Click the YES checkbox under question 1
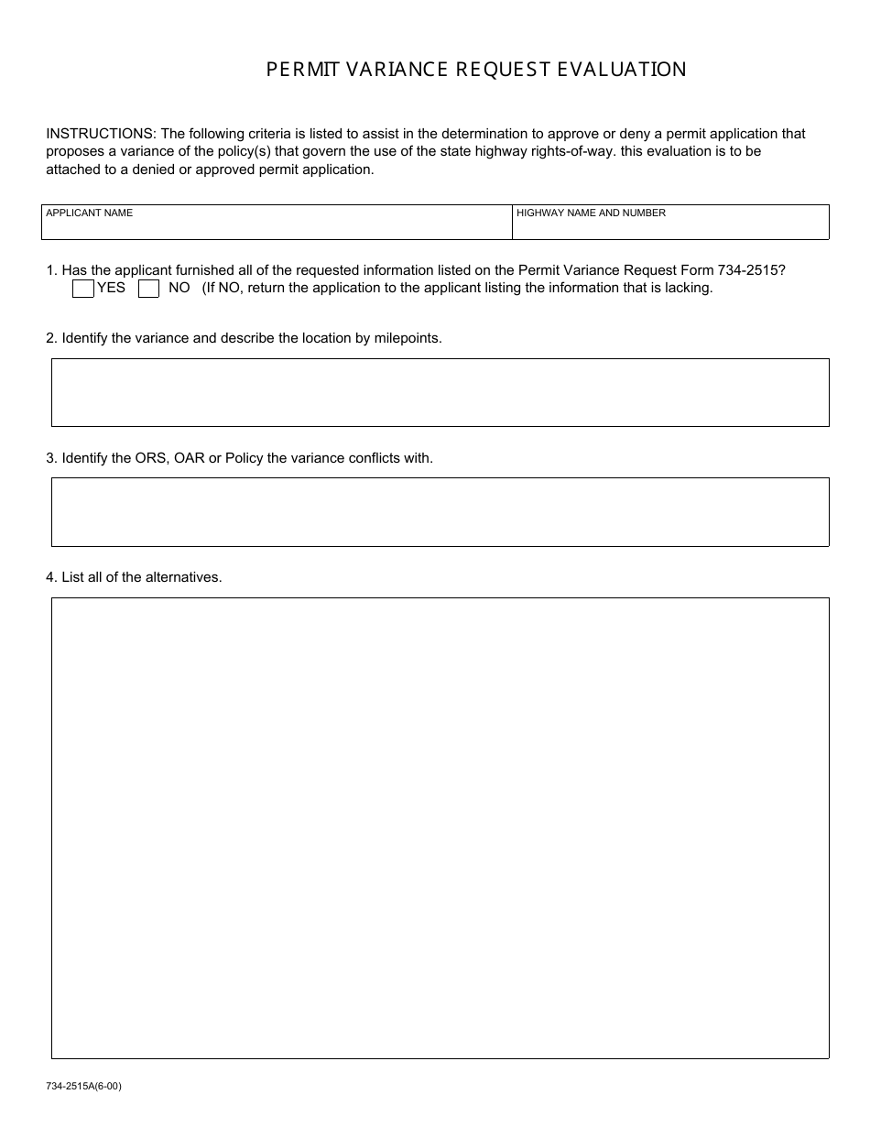tap(82, 289)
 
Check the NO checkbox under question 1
tap(148, 289)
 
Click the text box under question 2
tap(440, 392)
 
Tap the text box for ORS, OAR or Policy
tap(440, 511)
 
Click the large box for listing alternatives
tap(440, 827)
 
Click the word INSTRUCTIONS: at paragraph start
tap(101, 134)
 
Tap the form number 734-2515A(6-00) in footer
tap(83, 1087)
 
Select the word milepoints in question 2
tap(408, 338)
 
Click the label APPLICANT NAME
tap(89, 213)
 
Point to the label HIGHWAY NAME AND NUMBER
tap(591, 213)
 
